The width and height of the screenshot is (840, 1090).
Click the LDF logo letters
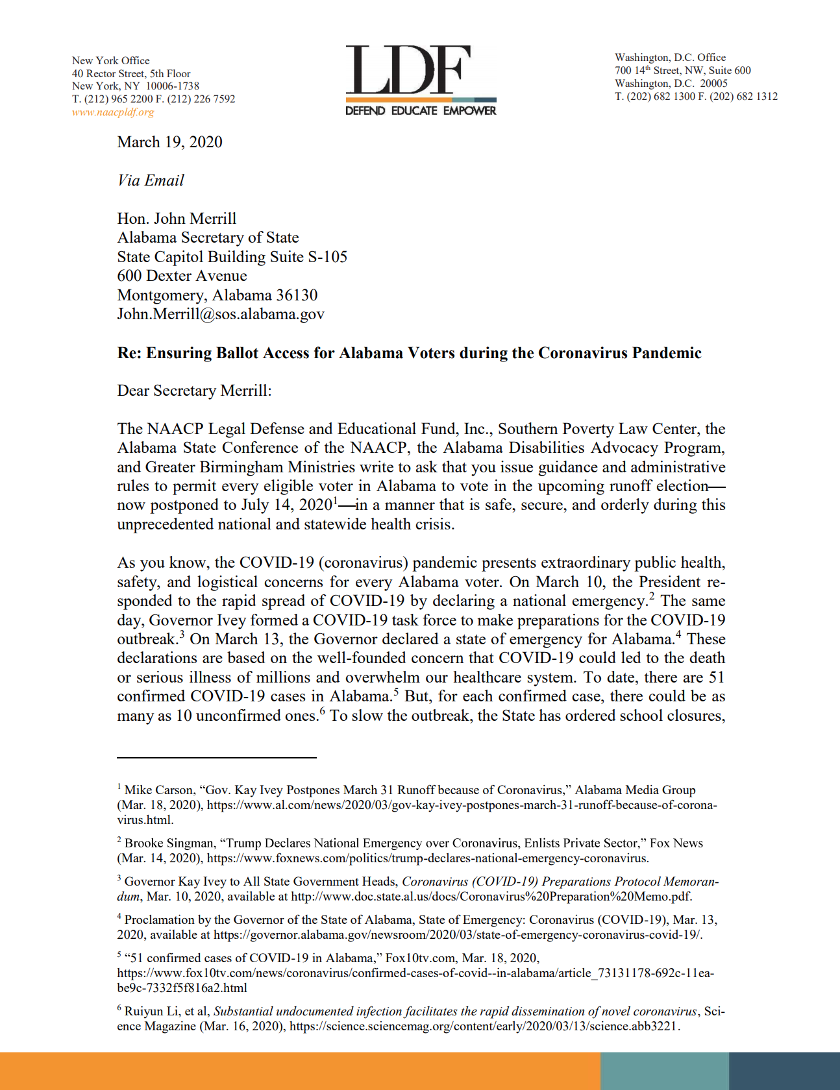408,70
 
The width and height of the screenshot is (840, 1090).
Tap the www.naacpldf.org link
113,112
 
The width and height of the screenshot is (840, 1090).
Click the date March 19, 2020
169,142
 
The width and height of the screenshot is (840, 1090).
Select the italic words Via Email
151,180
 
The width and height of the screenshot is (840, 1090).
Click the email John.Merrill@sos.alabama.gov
220,314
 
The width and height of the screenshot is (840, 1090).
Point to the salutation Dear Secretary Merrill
193,391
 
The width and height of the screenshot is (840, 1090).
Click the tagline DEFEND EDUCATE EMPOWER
420,111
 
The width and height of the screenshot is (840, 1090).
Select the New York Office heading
110,60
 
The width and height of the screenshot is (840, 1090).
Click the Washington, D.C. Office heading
670,57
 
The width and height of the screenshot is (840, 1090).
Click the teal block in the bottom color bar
664,1071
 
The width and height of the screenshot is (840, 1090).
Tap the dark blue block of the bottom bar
784,1071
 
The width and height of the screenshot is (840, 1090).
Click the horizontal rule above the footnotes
216,757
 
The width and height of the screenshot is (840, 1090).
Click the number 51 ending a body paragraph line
716,677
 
